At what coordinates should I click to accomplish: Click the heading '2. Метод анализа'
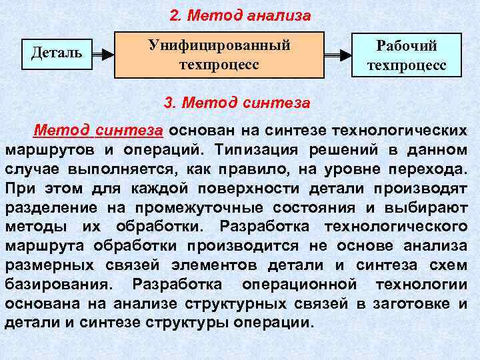tap(240, 15)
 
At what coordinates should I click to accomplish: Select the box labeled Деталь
tap(57, 51)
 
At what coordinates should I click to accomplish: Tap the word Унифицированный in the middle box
tap(219, 45)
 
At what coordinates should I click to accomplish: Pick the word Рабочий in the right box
tap(407, 45)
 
